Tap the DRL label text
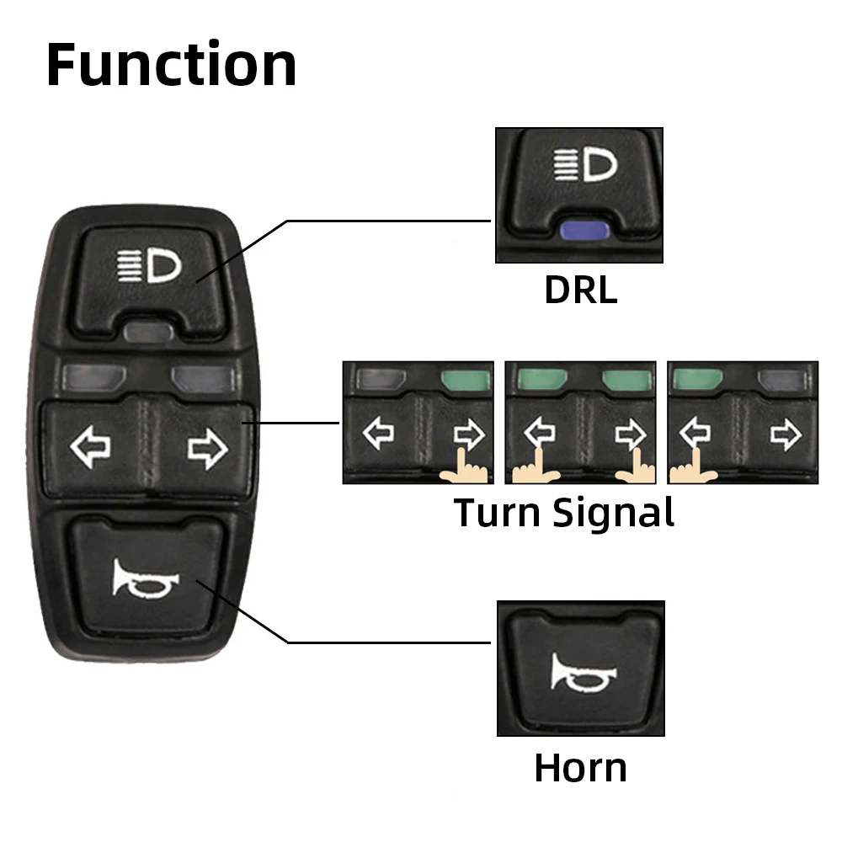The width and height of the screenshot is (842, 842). [580, 290]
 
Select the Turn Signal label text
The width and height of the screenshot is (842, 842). [564, 512]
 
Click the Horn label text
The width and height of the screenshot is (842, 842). [580, 768]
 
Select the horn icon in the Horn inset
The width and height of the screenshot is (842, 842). [584, 671]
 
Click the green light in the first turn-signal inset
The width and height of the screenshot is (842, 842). [465, 379]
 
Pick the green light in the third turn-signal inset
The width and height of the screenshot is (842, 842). [695, 379]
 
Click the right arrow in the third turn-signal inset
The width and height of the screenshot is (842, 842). [786, 434]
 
